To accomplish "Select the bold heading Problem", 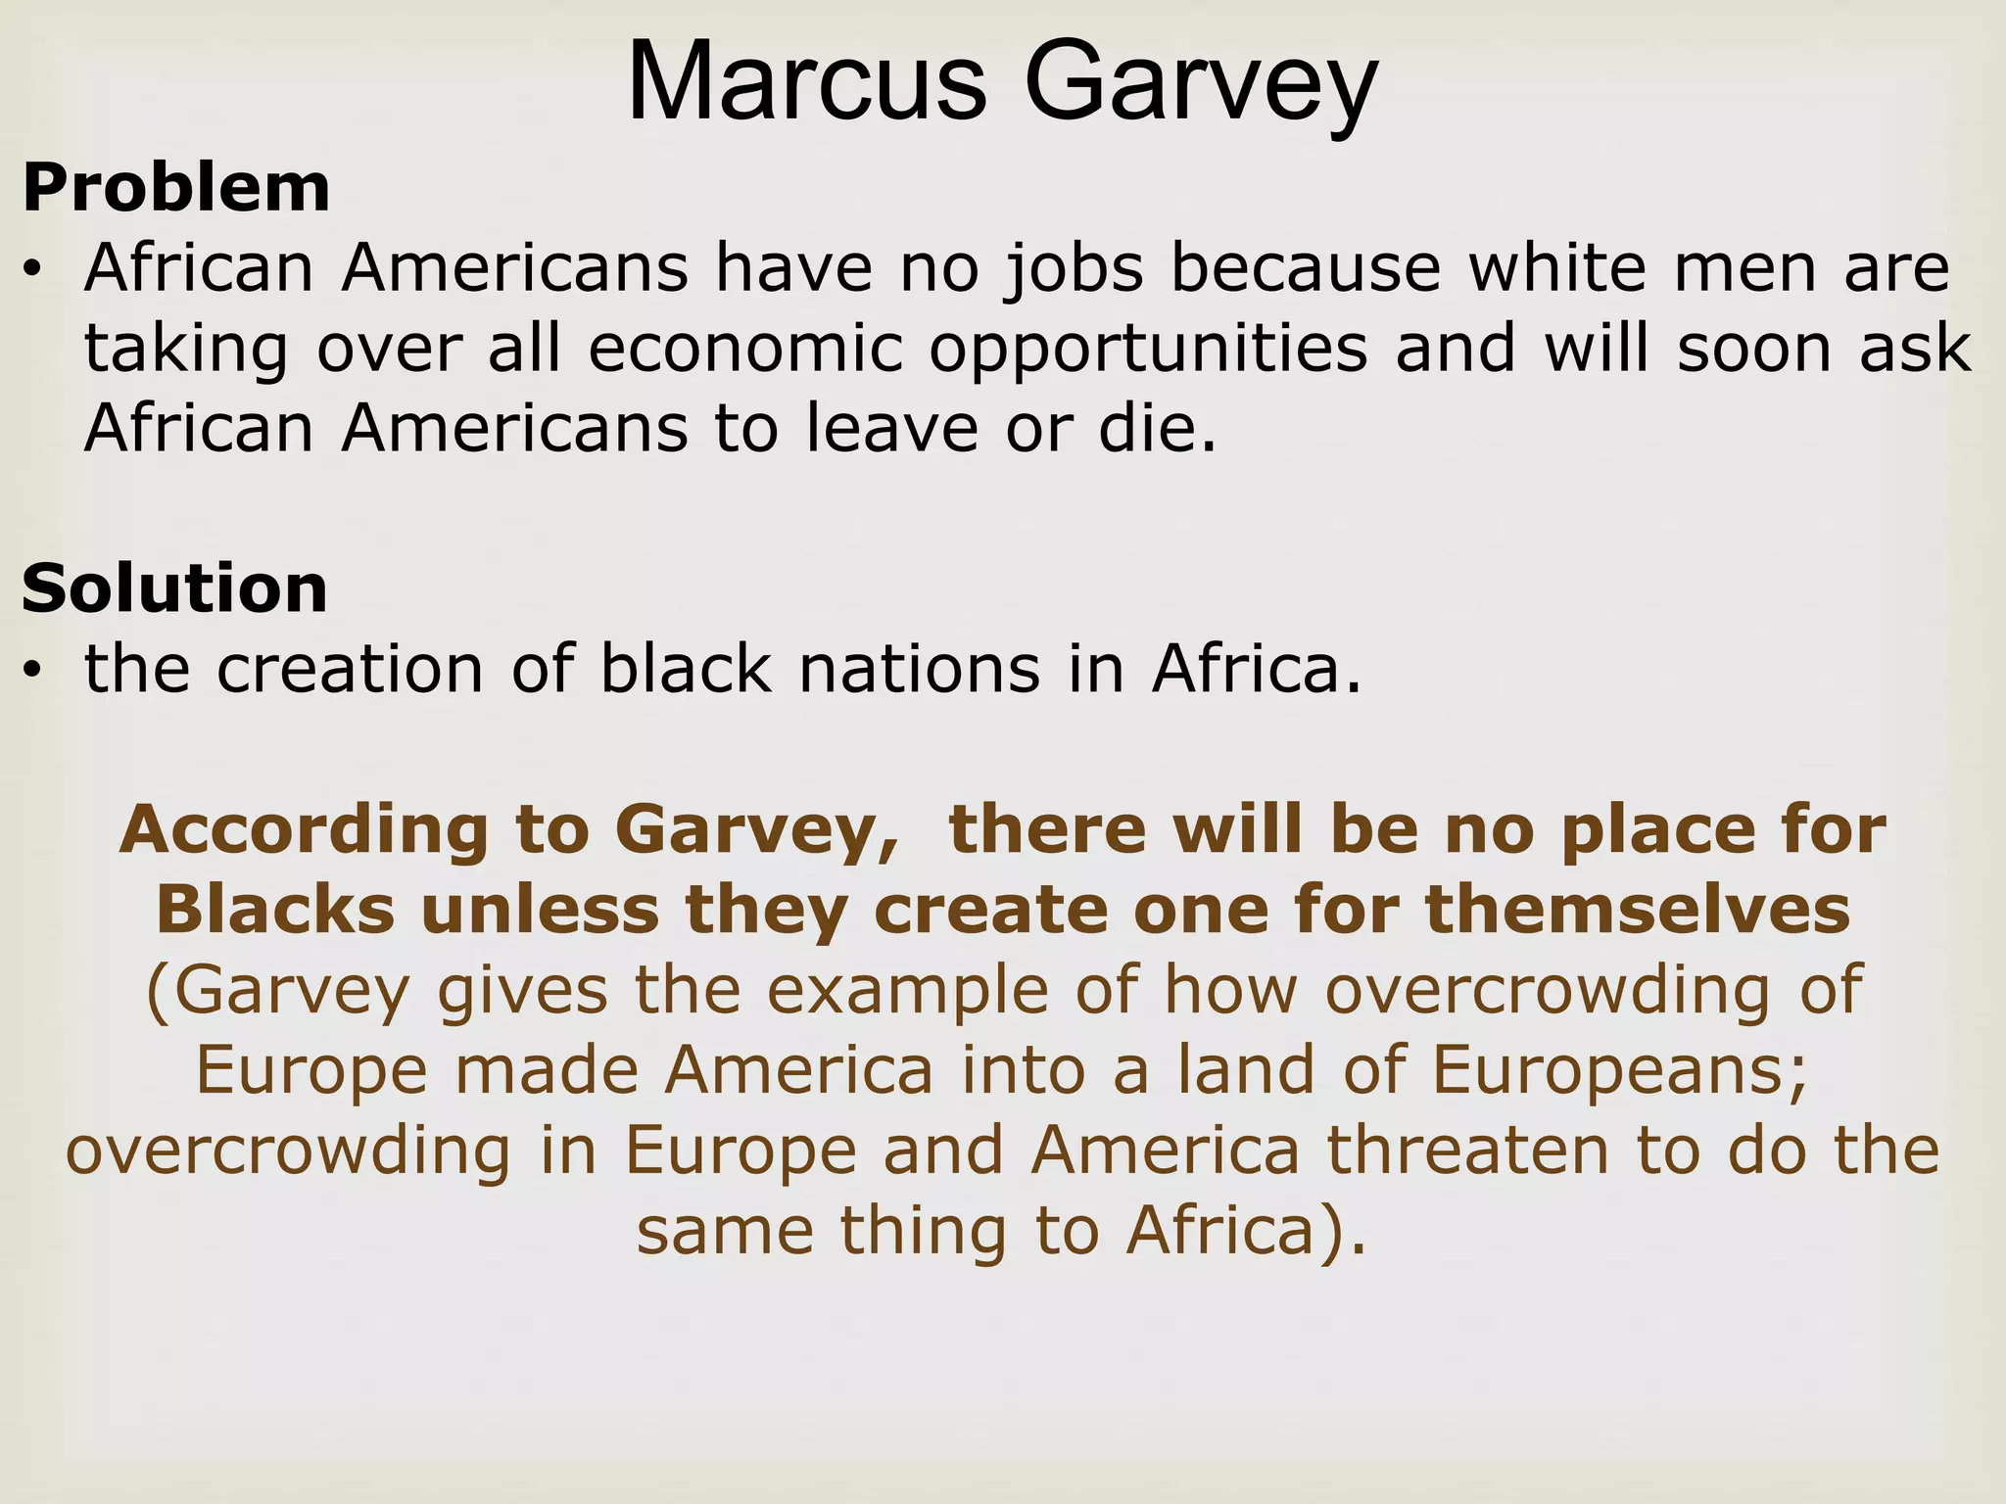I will coord(176,188).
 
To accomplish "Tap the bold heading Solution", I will coord(174,589).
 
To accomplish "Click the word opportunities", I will coord(1148,350).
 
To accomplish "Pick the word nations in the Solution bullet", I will coord(920,670).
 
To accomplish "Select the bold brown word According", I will coord(305,830).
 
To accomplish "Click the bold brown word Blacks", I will coord(275,911).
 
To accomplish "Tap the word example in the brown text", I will coord(897,991).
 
